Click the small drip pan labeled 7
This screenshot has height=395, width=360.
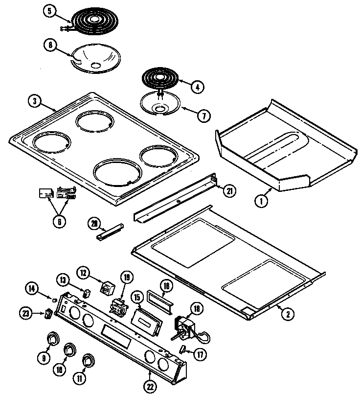point(160,104)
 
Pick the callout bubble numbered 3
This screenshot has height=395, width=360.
point(33,101)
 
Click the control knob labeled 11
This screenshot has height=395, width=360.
point(89,360)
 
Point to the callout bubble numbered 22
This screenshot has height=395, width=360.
point(150,384)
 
